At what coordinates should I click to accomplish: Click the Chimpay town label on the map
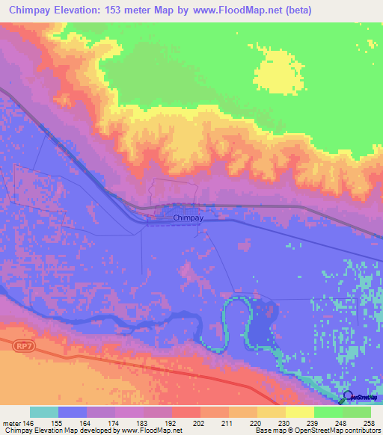point(188,217)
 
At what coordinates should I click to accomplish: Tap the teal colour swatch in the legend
point(44,412)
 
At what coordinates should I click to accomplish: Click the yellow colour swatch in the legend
point(299,412)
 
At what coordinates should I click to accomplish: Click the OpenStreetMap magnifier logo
point(347,396)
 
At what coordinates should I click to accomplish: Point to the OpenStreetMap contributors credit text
point(336,431)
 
